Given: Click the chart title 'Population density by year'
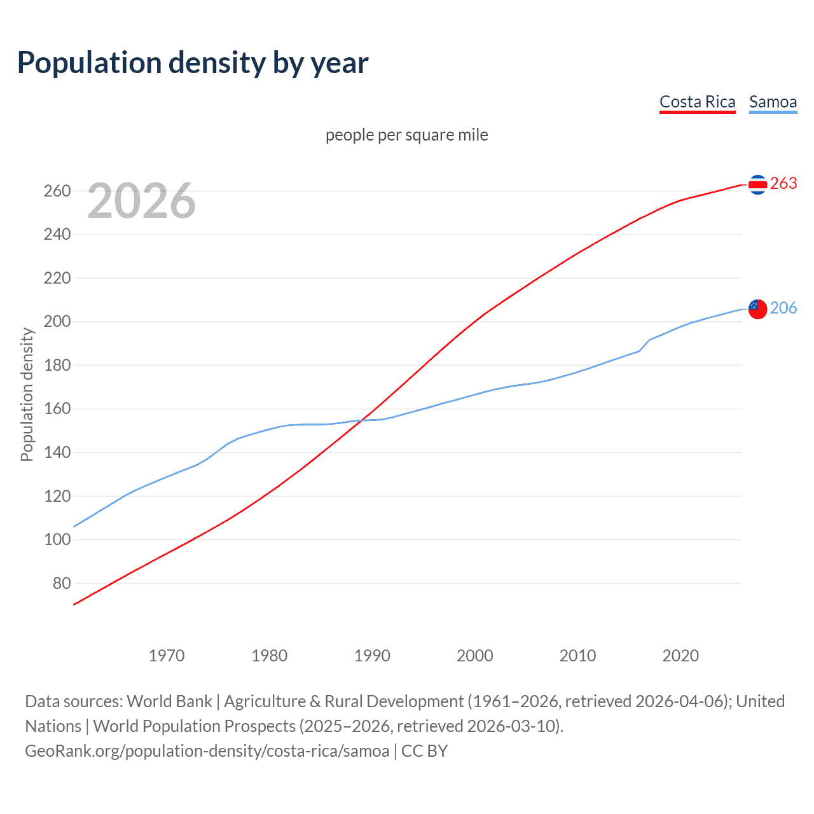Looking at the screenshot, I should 193,63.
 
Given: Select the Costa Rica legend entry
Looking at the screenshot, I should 697,102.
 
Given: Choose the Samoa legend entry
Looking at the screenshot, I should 773,102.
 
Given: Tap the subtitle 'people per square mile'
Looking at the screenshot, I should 407,135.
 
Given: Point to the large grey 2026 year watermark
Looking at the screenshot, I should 141,201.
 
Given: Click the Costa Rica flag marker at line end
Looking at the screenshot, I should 757,184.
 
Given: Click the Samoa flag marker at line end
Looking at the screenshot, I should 757,309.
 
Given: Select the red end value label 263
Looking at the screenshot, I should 783,183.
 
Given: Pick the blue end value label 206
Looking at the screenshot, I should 783,308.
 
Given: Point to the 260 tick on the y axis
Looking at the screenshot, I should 57,191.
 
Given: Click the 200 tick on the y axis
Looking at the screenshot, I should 57,322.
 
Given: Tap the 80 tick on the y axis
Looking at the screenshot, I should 62,583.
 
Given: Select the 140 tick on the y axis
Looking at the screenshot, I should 57,453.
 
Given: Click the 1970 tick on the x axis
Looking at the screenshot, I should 167,656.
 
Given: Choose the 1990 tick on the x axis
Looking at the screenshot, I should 372,656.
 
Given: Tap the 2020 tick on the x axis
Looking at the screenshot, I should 680,656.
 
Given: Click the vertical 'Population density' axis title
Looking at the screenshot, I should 27,394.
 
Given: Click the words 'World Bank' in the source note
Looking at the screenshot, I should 169,701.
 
